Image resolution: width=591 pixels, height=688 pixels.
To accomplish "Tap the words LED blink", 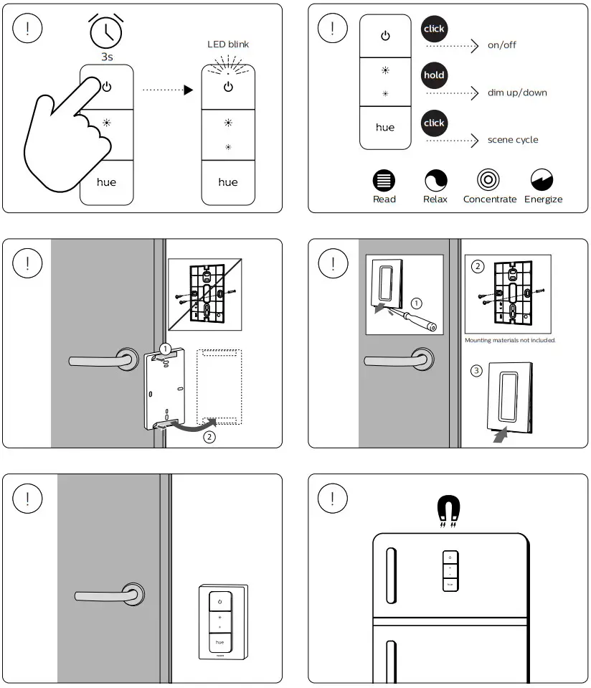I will (x=227, y=44).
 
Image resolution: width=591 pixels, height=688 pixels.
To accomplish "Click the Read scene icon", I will (x=384, y=180).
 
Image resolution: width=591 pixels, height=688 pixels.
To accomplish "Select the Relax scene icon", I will (x=435, y=180).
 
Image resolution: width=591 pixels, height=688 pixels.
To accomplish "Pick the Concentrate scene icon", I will (x=488, y=180).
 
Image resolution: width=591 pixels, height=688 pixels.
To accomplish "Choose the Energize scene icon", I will (x=542, y=180).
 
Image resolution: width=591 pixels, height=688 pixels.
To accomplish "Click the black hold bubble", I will (x=434, y=75).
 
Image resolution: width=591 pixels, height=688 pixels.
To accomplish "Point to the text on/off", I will (x=501, y=45).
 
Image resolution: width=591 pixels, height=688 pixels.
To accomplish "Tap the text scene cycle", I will (x=512, y=140).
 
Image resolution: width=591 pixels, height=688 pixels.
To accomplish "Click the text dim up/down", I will (x=516, y=93).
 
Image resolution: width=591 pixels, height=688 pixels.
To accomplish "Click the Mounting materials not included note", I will (x=510, y=340).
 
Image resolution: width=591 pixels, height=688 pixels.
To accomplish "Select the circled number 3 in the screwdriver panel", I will (x=477, y=371).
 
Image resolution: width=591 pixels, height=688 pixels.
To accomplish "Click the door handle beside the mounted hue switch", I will (x=108, y=595).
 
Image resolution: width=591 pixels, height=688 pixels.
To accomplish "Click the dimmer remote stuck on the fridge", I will (x=450, y=571).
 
